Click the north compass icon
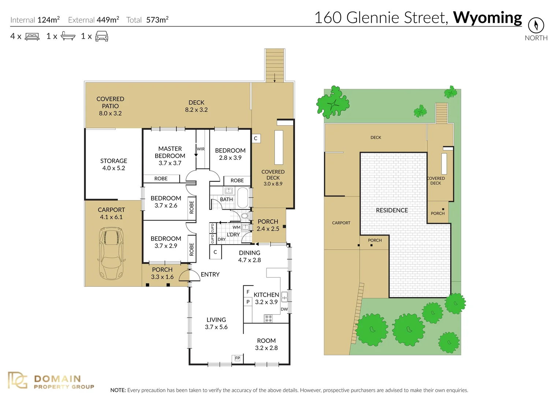(x=536, y=25)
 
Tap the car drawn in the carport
(x=111, y=253)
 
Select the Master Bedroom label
(x=170, y=155)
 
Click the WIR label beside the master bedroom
(x=201, y=149)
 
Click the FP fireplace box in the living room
(x=237, y=358)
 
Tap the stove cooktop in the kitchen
(x=268, y=318)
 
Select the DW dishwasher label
(x=284, y=309)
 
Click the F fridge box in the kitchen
(x=248, y=292)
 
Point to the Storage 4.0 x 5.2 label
(x=113, y=164)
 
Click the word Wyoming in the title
(x=487, y=18)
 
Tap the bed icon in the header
(x=32, y=36)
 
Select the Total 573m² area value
(x=157, y=20)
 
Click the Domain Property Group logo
(x=51, y=381)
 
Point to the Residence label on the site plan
(x=392, y=210)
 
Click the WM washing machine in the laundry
(x=245, y=227)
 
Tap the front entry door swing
(x=190, y=275)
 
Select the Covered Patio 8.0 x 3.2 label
(x=110, y=106)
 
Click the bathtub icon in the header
(x=68, y=36)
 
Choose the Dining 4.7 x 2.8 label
(x=249, y=256)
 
